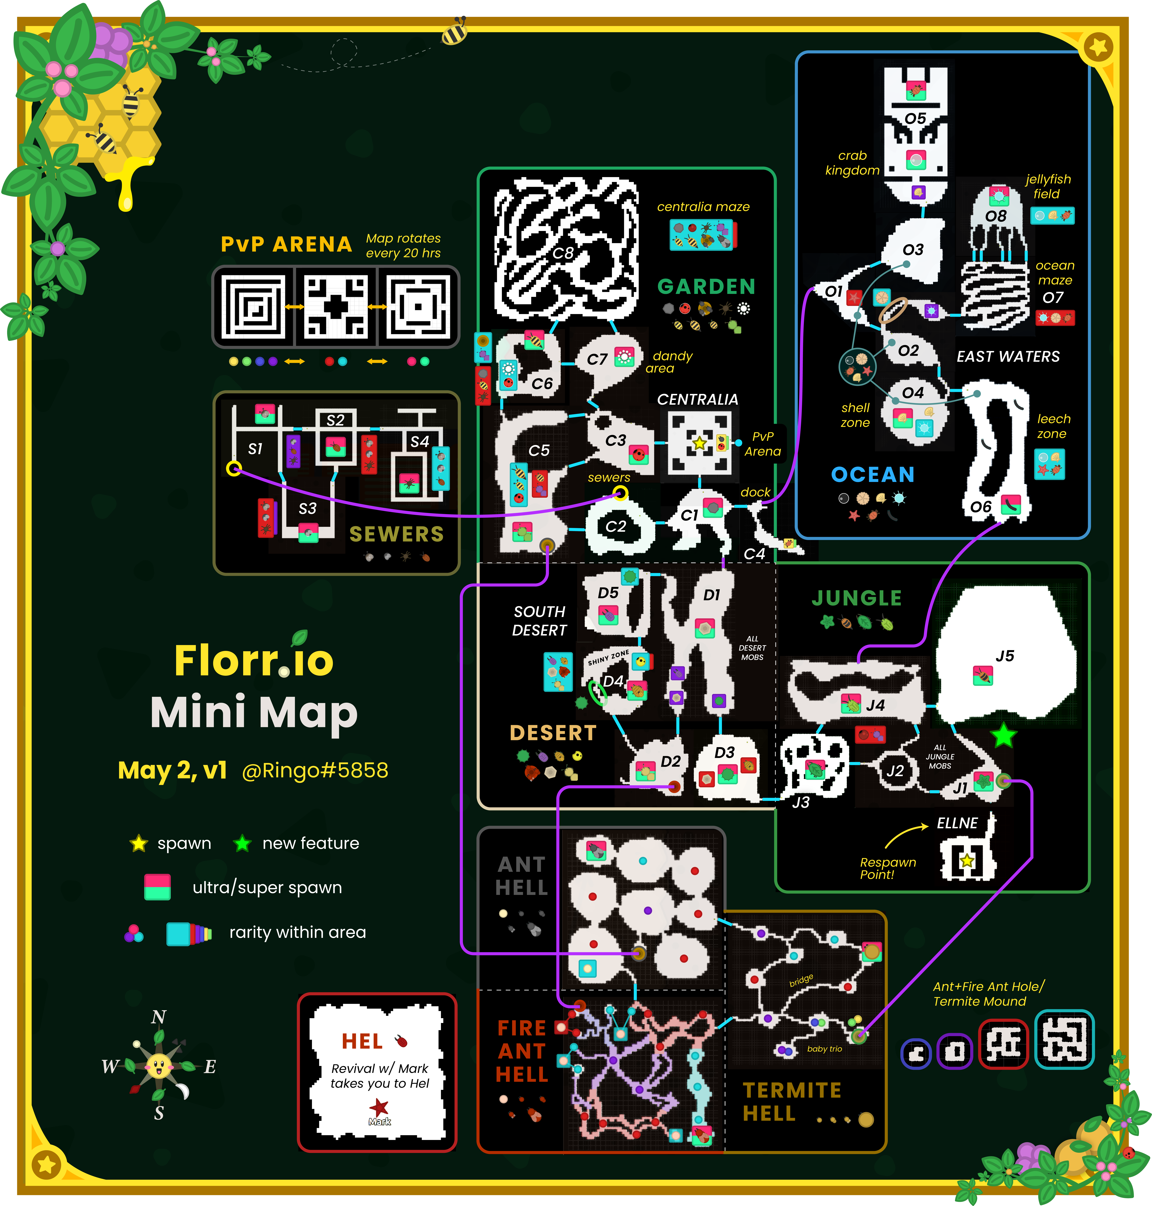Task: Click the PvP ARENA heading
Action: click(286, 244)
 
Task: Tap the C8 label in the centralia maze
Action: click(562, 253)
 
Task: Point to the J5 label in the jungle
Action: click(1005, 656)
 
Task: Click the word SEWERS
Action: click(397, 534)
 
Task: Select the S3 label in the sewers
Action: click(308, 508)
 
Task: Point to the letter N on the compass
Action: click(158, 1017)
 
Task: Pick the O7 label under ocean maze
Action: click(1052, 298)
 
